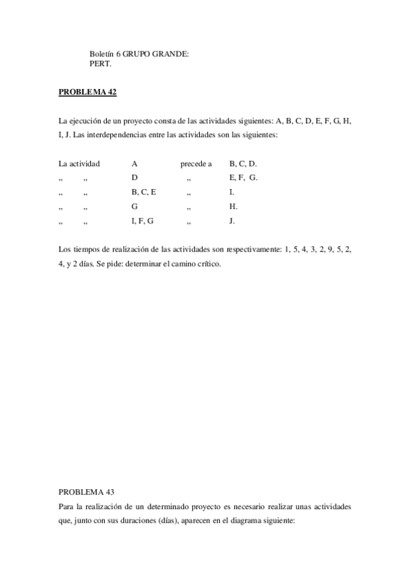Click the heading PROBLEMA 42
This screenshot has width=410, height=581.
tap(88, 92)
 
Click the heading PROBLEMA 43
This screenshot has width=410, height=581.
tap(86, 491)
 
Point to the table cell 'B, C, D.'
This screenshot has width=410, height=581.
tap(243, 164)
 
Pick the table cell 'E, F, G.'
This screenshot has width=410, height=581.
tap(243, 177)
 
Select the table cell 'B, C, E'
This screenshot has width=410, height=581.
tap(144, 192)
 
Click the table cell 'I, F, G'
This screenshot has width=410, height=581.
tap(142, 221)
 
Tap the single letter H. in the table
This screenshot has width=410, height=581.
tap(233, 206)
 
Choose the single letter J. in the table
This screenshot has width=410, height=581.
tap(233, 221)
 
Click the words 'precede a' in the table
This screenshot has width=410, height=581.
tap(196, 164)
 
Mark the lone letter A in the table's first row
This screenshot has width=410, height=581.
tap(135, 164)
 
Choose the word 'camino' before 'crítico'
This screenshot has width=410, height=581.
tap(180, 264)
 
